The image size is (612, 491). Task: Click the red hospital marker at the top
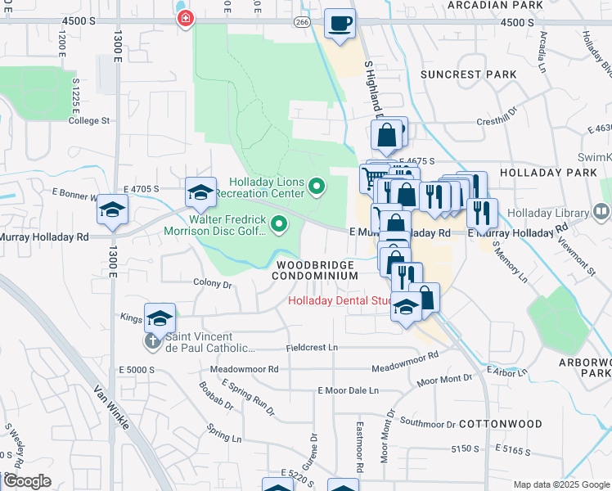[187, 16]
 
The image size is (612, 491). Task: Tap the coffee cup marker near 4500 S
[340, 24]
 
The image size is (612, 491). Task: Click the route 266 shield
[303, 22]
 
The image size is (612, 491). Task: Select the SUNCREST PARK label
[468, 74]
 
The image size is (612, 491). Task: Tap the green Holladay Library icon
[601, 213]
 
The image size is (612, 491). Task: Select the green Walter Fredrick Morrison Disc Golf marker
[280, 223]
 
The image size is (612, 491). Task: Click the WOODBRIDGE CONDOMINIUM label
[316, 271]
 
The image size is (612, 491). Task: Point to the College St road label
[89, 121]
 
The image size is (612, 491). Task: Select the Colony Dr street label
[214, 284]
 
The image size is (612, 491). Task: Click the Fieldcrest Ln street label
[312, 348]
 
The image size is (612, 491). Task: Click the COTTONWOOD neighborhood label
[500, 424]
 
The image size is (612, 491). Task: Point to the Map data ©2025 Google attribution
[560, 484]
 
